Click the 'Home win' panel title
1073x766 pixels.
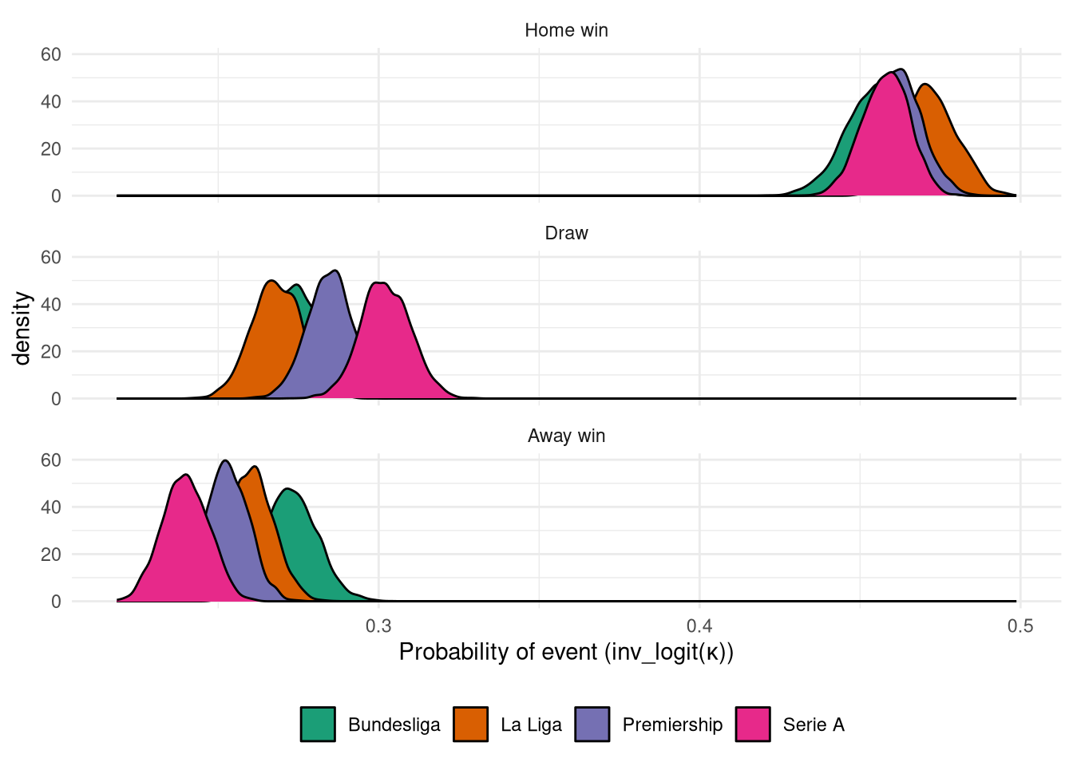tap(566, 30)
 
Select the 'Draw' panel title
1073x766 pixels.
tap(566, 233)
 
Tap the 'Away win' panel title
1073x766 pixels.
tap(566, 436)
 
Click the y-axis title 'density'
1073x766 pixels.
tap(22, 328)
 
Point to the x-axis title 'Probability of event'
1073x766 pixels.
tap(566, 652)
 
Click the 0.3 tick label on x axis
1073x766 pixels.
tap(378, 626)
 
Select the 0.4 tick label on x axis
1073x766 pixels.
tap(699, 626)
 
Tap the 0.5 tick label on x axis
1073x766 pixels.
tap(1020, 626)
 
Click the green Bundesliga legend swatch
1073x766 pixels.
tap(318, 725)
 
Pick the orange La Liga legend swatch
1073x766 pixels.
tap(470, 725)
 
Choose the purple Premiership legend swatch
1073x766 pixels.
tap(592, 725)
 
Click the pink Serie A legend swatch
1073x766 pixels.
tap(753, 725)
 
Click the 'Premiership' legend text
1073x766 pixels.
tap(672, 725)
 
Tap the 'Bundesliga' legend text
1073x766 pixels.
tap(394, 725)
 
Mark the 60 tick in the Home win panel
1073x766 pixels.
tap(51, 54)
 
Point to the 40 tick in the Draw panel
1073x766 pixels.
tap(51, 304)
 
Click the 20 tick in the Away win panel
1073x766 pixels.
tap(51, 554)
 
